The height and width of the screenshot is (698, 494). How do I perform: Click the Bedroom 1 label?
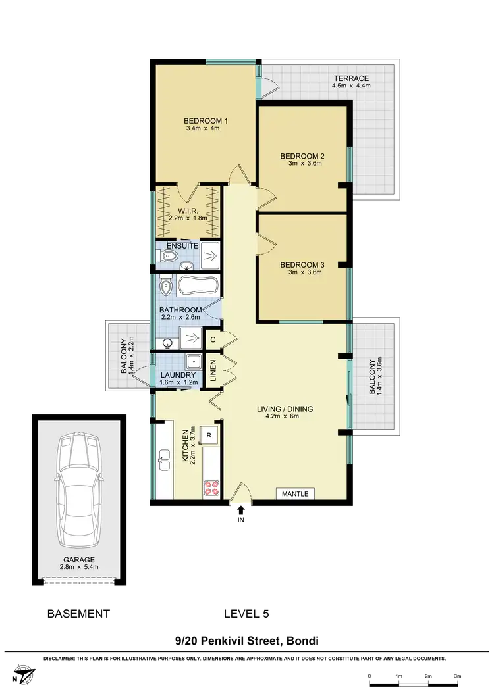206,121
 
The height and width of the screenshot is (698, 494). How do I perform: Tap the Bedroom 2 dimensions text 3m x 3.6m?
302,164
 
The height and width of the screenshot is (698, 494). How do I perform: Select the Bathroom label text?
180,310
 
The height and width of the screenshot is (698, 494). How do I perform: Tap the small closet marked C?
213,339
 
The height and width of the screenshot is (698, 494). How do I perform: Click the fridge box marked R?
209,435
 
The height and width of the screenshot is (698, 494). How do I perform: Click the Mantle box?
294,493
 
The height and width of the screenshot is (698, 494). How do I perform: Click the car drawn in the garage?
78,491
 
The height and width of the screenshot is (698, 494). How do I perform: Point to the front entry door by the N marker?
240,497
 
